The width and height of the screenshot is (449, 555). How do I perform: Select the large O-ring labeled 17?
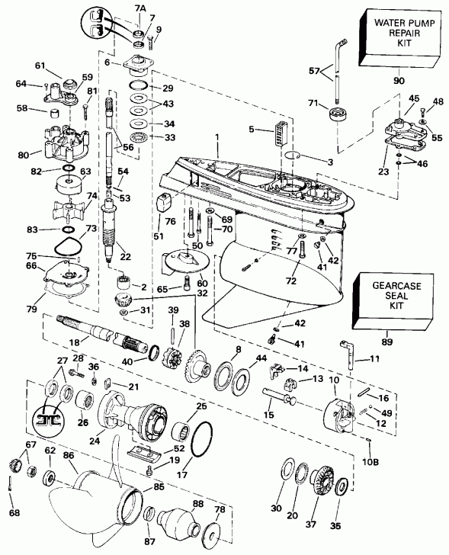[x=200, y=440]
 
